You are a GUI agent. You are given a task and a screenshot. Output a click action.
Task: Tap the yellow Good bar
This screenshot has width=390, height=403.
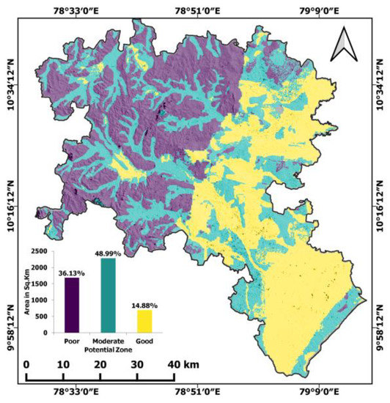pyautogui.click(x=144, y=321)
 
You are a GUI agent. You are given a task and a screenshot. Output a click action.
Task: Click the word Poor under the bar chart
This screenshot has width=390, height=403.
pyautogui.click(x=71, y=341)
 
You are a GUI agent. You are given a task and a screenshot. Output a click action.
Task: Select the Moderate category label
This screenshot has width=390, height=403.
pyautogui.click(x=108, y=341)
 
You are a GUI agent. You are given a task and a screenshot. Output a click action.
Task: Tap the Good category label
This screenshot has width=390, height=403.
pyautogui.click(x=144, y=341)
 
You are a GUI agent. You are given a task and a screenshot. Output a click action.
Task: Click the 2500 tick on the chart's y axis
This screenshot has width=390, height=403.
pyautogui.click(x=37, y=251)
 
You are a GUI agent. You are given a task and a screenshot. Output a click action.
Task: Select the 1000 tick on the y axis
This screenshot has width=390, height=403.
pyautogui.click(x=37, y=300)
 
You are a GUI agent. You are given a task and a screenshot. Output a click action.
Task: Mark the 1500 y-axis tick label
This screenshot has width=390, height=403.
pyautogui.click(x=37, y=284)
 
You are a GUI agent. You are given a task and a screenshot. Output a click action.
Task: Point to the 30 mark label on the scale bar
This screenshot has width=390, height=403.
pyautogui.click(x=137, y=364)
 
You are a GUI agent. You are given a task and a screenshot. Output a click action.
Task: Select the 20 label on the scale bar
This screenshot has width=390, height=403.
pyautogui.click(x=100, y=364)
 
